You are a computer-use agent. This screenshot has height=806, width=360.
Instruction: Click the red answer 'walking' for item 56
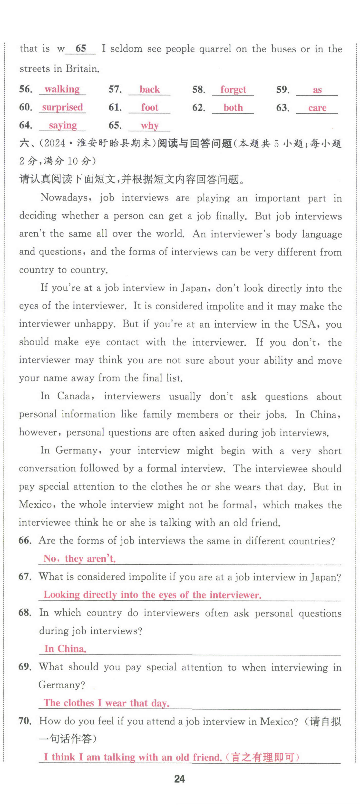(62, 89)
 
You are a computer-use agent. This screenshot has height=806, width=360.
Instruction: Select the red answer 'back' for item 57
(149, 89)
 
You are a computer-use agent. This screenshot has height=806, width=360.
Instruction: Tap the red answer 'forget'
(233, 89)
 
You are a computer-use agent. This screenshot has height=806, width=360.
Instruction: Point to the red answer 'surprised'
(62, 107)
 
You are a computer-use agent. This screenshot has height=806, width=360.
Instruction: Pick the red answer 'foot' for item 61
(149, 107)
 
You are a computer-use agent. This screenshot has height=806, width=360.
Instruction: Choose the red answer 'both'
(233, 108)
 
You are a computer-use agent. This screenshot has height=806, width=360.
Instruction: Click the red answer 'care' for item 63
(317, 108)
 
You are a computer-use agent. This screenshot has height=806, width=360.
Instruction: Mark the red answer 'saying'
(63, 125)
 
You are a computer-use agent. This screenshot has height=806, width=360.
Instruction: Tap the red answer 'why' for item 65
(149, 126)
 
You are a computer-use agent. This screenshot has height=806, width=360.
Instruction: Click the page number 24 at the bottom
(179, 779)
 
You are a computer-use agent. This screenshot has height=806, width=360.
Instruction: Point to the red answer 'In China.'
(65, 649)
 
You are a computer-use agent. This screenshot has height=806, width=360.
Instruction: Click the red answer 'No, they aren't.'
(79, 559)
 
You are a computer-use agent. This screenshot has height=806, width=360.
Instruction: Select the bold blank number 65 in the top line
(80, 48)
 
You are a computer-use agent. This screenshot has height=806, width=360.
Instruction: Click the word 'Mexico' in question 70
(279, 721)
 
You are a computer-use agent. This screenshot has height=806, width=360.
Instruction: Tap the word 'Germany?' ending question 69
(62, 685)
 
